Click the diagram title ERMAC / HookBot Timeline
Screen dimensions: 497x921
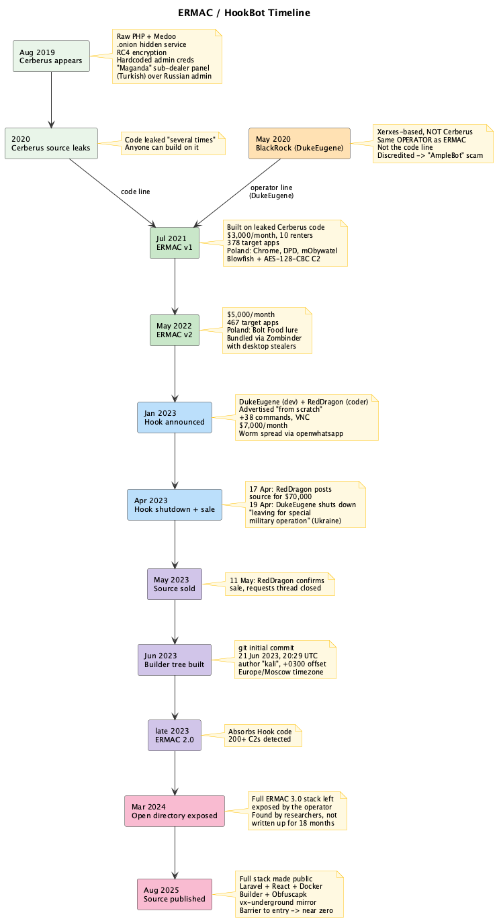click(244, 13)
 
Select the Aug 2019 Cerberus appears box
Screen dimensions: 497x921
click(51, 56)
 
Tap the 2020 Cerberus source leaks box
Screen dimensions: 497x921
click(51, 143)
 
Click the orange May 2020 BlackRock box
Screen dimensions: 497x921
click(300, 143)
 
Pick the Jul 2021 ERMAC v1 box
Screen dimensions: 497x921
click(175, 243)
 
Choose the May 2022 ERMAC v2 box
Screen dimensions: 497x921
click(175, 330)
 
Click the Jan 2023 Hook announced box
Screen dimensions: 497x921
click(175, 417)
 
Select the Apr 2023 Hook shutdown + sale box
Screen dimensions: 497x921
click(175, 505)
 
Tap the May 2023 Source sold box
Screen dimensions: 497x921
click(175, 584)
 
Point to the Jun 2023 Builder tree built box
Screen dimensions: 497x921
click(175, 660)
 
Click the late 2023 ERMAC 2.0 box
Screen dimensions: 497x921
click(175, 735)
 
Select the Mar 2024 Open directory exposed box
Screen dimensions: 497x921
click(175, 811)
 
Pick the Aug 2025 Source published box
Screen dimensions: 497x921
click(175, 894)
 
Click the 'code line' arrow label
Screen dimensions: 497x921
click(135, 191)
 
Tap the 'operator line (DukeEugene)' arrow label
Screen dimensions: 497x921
click(271, 191)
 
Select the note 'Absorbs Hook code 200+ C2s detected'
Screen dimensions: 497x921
click(263, 736)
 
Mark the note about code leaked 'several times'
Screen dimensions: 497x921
click(173, 144)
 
